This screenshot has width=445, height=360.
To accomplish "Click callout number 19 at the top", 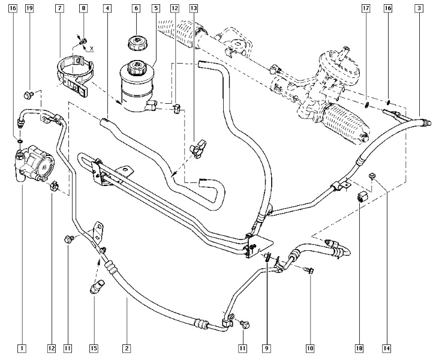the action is (29, 8).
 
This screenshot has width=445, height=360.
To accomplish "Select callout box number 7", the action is (59, 8).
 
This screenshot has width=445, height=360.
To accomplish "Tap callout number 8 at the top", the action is (83, 8).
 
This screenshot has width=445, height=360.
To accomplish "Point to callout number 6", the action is (136, 8).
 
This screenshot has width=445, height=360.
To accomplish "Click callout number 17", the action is (366, 8).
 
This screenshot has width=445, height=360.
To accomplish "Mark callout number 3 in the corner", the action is (419, 8).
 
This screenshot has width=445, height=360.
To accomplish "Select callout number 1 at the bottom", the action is (22, 348).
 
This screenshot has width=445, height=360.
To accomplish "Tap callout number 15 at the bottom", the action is (94, 348).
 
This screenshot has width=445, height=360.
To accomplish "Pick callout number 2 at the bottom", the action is (127, 348).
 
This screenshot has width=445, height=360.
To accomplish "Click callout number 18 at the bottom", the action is (359, 348).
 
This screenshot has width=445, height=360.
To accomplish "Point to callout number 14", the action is (387, 348).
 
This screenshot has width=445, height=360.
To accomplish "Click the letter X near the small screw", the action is (91, 49).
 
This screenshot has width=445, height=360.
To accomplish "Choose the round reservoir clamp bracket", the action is (74, 75).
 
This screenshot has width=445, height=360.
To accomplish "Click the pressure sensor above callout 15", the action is (97, 287).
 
